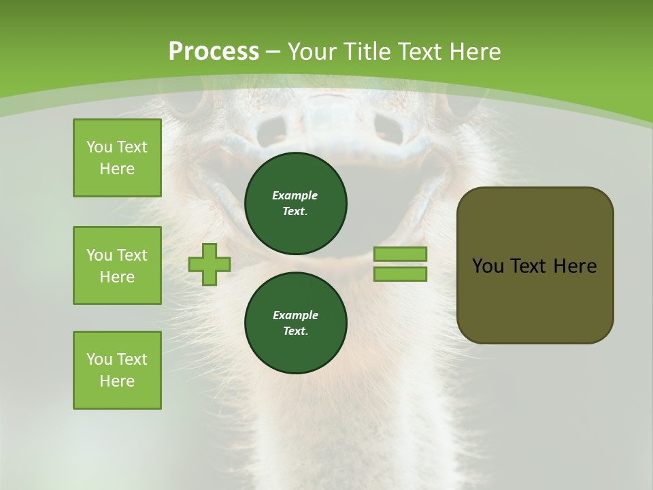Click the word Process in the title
214,52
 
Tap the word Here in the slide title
475,52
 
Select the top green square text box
117,158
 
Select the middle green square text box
117,265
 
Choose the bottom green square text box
117,370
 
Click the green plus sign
210,265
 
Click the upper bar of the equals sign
400,254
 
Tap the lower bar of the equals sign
400,274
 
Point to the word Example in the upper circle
295,195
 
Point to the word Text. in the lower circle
295,331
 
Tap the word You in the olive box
488,266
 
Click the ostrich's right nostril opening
388,127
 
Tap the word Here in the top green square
117,169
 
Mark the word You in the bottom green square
99,359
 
